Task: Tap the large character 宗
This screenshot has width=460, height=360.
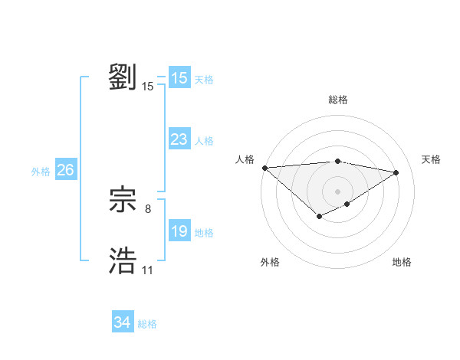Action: (x=123, y=200)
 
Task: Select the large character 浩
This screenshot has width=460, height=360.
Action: (x=123, y=261)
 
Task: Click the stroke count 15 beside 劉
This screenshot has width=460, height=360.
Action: (x=148, y=87)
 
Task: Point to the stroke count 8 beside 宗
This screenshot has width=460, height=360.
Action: (x=148, y=208)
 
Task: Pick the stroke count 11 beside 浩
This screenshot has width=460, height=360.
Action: (x=147, y=270)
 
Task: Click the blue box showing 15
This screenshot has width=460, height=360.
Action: (x=179, y=78)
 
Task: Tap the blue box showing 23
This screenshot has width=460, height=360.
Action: (x=179, y=139)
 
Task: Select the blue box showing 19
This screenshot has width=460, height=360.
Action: (x=179, y=231)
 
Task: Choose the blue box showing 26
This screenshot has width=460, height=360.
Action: (x=65, y=170)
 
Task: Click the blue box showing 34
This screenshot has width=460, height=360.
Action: (x=122, y=322)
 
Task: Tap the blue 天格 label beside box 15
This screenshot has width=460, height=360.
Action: (x=204, y=80)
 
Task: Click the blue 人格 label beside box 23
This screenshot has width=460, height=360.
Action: (x=204, y=141)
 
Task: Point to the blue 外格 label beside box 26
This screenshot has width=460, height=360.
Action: (x=41, y=172)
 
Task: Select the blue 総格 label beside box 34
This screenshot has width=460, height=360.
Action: (x=147, y=324)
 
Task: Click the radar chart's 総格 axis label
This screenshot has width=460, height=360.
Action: (x=337, y=99)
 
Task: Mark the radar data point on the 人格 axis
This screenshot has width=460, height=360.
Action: (x=264, y=168)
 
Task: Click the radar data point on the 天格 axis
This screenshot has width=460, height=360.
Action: (x=396, y=172)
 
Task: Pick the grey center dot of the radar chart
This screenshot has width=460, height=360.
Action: (x=337, y=191)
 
